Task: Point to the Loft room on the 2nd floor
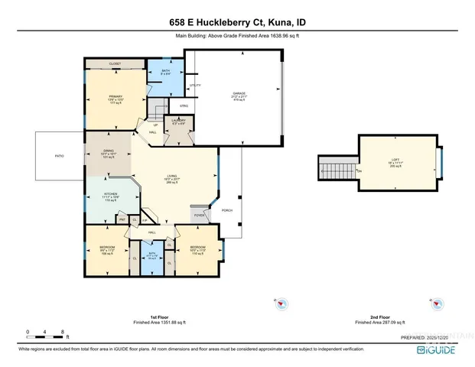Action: point(395,161)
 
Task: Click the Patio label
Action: point(58,156)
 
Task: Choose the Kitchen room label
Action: point(109,196)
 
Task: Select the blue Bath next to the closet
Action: point(165,73)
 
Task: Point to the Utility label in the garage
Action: point(194,85)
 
